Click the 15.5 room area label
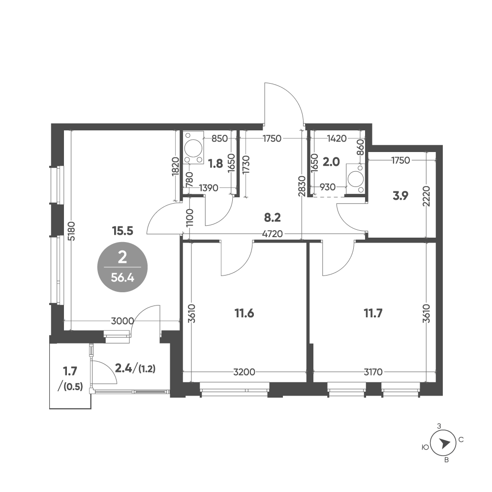tap(123, 231)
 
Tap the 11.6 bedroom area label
tap(244, 313)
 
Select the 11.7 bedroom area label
tap(373, 313)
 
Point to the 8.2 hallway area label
tap(273, 217)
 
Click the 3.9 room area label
tap(400, 196)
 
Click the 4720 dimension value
tap(273, 234)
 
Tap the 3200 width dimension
tap(245, 372)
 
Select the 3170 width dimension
tap(373, 372)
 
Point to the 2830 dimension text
tap(302, 186)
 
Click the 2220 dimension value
tap(427, 196)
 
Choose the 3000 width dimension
tap(123, 321)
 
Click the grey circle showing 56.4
tap(123, 267)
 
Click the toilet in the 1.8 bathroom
tap(193, 148)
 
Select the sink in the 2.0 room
tap(356, 179)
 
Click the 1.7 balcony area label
tap(70, 371)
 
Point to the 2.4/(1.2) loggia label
tap(135, 369)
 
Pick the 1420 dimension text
tap(337, 138)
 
